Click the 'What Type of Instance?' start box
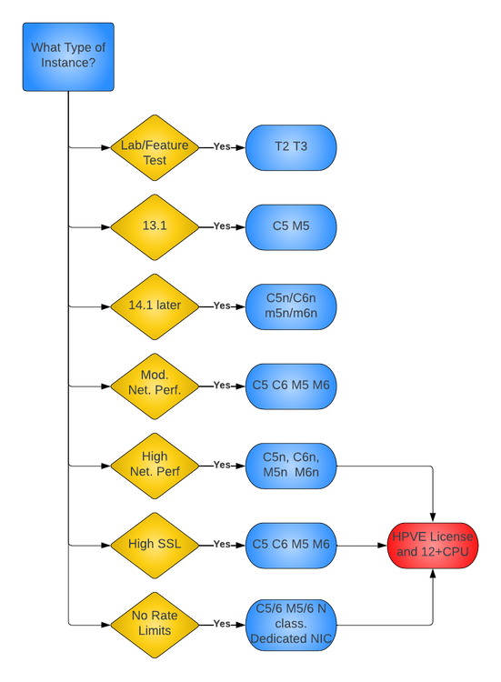68,56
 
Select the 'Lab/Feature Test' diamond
155,147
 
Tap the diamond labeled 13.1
155,226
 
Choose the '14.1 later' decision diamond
155,306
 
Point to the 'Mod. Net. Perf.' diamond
155,386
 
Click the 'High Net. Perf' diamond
155,465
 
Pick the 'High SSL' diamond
155,545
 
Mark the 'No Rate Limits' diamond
155,625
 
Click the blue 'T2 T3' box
291,147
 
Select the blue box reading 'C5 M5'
291,226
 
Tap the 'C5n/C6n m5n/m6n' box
291,306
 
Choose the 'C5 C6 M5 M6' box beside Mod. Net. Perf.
291,386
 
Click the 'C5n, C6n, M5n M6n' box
291,465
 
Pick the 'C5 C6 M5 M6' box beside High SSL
291,545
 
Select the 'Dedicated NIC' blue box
291,625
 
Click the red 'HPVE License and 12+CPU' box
433,545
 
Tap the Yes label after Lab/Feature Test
222,146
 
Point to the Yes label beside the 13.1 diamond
222,226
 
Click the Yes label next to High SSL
222,545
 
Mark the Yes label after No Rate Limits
222,625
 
